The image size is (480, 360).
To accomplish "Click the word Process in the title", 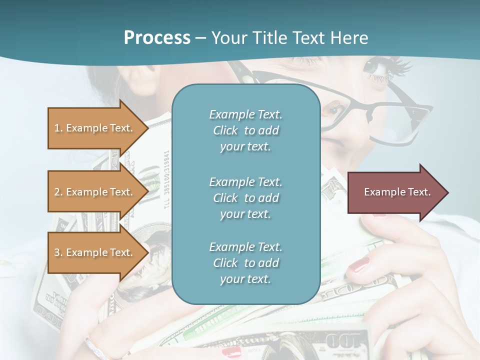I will pyautogui.click(x=157, y=38).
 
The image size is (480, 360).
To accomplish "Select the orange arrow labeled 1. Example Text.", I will pyautogui.click(x=93, y=128).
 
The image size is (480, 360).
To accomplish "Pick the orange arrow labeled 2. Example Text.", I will pyautogui.click(x=93, y=192).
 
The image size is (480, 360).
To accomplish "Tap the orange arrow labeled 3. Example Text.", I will pyautogui.click(x=93, y=252).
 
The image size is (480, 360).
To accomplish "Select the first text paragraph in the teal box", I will pyautogui.click(x=245, y=130).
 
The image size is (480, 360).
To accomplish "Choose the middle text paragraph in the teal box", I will pyautogui.click(x=245, y=198).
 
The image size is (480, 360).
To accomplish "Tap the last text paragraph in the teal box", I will pyautogui.click(x=245, y=263).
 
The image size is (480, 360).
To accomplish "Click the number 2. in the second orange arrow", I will pyautogui.click(x=58, y=192).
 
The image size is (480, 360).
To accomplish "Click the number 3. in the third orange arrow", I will pyautogui.click(x=58, y=252).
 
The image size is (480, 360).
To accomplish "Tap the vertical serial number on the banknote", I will pyautogui.click(x=166, y=180).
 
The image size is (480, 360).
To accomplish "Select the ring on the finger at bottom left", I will pyautogui.click(x=95, y=347).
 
